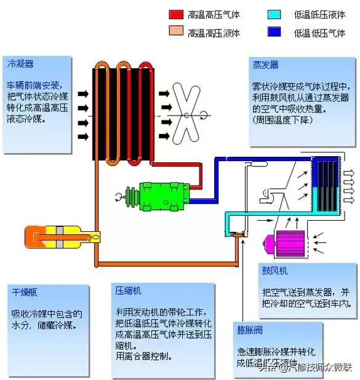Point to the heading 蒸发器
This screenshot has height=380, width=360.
(265, 65)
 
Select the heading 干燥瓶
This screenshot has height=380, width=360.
(25, 292)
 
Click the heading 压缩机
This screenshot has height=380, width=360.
(128, 290)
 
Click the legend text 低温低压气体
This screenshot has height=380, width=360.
(319, 33)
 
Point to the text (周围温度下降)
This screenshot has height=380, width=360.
(282, 120)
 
